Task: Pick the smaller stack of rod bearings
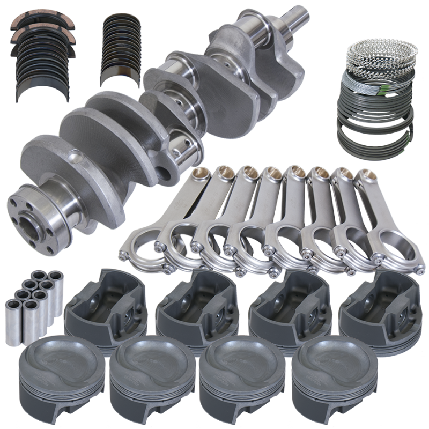click(121, 48)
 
